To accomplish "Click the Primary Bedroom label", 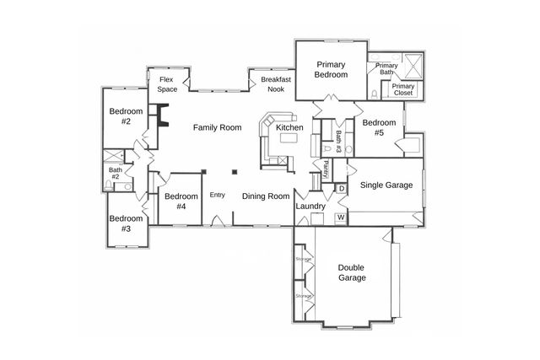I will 332,69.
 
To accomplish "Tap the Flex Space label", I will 167,83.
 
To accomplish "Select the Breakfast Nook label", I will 276,83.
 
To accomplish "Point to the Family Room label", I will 217,127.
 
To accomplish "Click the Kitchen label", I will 289,127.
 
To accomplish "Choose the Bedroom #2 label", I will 126,116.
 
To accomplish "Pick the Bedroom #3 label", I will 125,223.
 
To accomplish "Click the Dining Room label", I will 266,196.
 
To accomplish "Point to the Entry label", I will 218,196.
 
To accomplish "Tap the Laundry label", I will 310,205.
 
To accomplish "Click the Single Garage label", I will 386,185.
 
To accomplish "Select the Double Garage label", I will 352,271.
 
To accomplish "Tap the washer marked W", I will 342,218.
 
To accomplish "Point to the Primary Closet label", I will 403,89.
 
